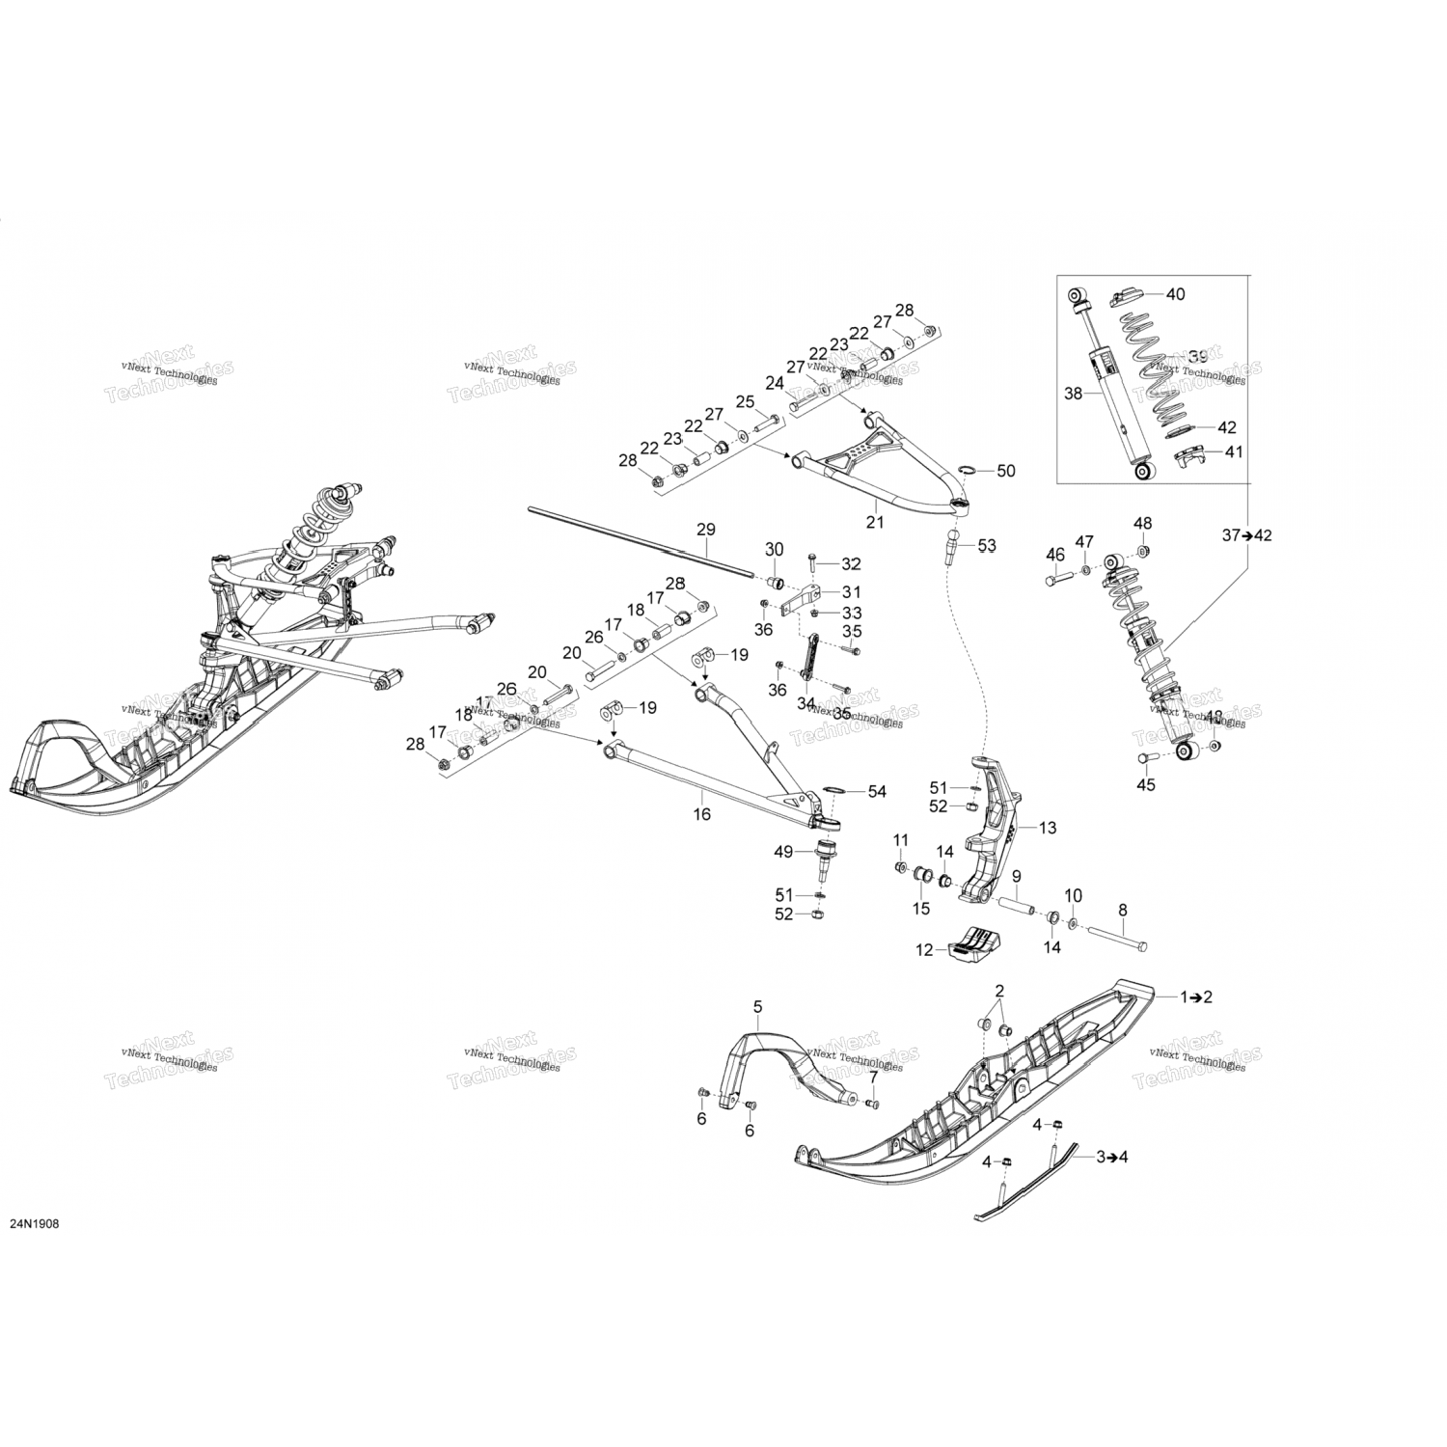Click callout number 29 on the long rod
coord(705,530)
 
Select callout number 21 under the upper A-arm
coord(875,522)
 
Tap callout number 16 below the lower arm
coord(702,814)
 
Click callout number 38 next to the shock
coord(1074,394)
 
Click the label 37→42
coord(1247,535)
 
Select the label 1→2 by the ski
coord(1196,997)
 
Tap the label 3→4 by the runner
coord(1111,1157)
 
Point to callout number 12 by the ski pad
coord(925,950)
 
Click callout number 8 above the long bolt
coord(1122,910)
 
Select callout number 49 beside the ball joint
coord(783,851)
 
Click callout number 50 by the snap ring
coord(1005,472)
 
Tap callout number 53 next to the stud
coord(986,546)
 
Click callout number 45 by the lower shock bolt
coord(1145,785)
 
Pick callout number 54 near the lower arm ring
coord(876,792)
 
